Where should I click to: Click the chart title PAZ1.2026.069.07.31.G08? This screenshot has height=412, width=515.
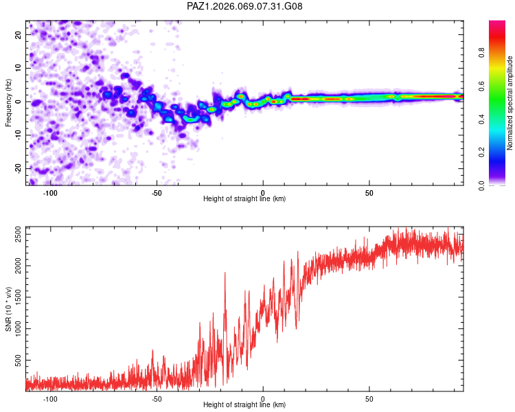coord(244,6)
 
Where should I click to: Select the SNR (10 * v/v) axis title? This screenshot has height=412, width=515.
coord(8,309)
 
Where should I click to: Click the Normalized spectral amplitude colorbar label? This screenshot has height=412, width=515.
coord(510,103)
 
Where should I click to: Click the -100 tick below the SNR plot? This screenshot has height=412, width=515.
coord(50,398)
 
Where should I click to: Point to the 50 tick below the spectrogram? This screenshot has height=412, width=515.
coord(369,192)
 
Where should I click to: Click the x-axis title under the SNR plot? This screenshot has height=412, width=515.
coord(244,405)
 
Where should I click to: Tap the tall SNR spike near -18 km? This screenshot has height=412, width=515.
coord(225,273)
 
